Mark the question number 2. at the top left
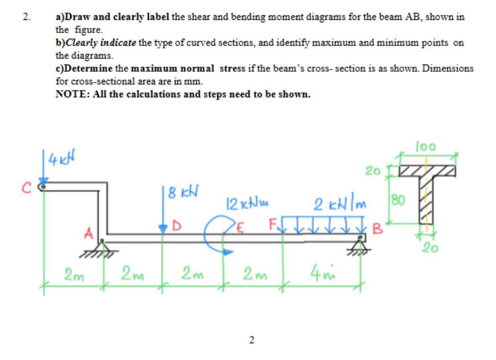point(26,17)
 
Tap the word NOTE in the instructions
point(71,94)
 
